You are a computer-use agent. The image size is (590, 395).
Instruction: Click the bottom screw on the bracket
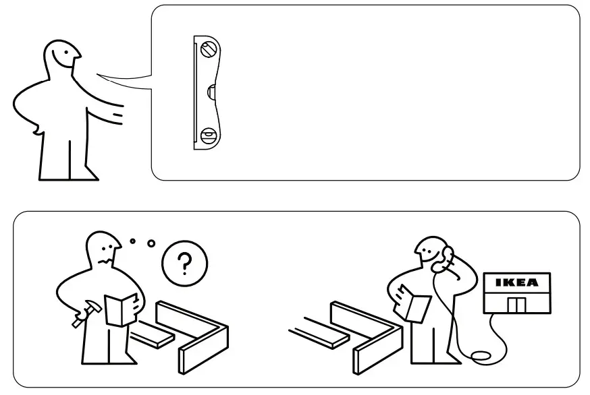point(208,134)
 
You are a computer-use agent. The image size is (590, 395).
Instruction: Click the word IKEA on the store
point(517,282)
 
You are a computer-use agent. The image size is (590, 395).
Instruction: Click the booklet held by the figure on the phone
point(414,304)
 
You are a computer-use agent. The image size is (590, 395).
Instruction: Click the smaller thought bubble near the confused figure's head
point(133,239)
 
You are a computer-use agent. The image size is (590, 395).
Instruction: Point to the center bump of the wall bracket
point(211,92)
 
